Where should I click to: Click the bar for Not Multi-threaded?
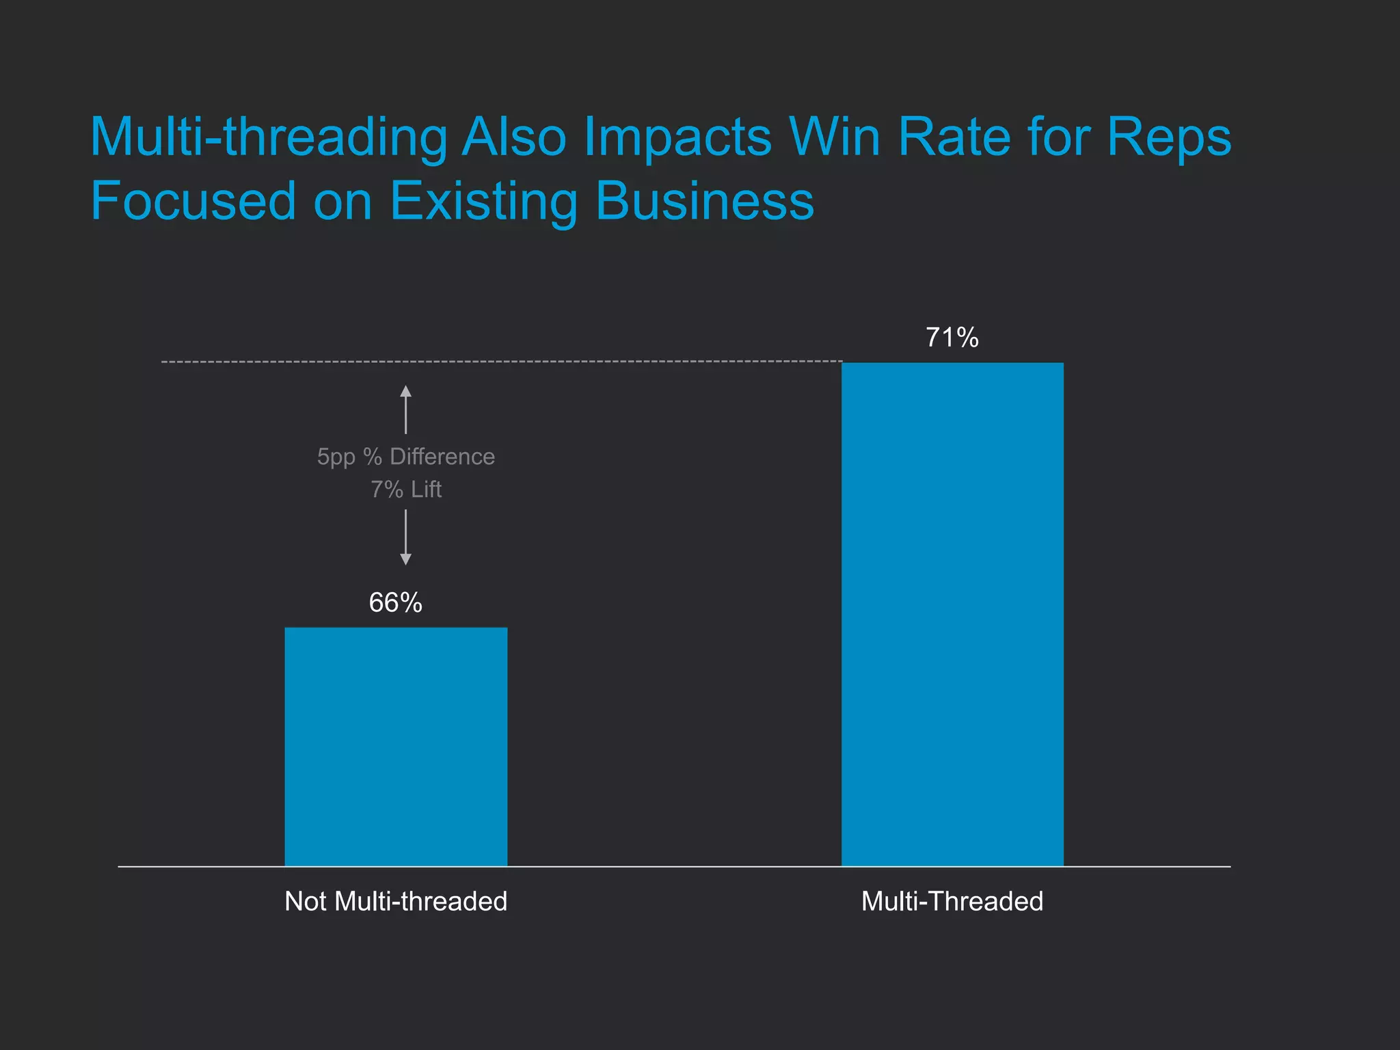[396, 746]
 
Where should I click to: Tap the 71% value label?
[952, 338]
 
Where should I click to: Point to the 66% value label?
[395, 602]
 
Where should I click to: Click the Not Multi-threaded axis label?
[396, 901]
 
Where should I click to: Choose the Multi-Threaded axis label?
[952, 901]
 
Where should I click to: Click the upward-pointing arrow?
[406, 409]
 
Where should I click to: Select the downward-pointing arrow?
[406, 537]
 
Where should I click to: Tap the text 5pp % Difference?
[406, 457]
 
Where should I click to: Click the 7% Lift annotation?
[406, 489]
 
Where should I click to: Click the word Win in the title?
[835, 137]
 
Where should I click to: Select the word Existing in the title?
[484, 202]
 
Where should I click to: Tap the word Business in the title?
[705, 201]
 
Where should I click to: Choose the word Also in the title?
[514, 137]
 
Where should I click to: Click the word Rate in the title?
[954, 137]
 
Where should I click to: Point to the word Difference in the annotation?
[442, 457]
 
